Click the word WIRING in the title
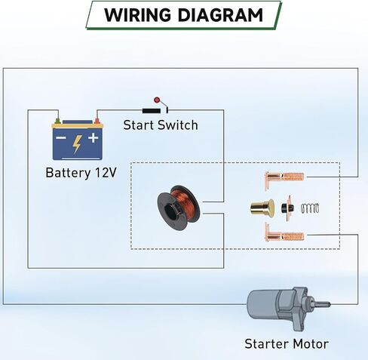(x=137, y=15)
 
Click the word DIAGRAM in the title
(x=220, y=15)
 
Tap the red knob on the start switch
(x=157, y=100)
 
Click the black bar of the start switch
(x=152, y=110)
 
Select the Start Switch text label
(x=161, y=125)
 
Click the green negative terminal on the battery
(x=57, y=121)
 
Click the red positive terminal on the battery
(x=97, y=121)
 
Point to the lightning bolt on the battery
(x=77, y=144)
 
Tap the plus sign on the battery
(x=94, y=138)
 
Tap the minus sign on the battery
(x=60, y=137)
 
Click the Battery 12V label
(x=81, y=173)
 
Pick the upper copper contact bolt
(x=284, y=178)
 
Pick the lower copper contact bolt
(x=284, y=233)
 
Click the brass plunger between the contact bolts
(x=262, y=208)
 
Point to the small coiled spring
(x=310, y=208)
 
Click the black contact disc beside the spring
(x=287, y=208)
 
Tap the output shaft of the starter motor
(x=320, y=304)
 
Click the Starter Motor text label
(x=287, y=344)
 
